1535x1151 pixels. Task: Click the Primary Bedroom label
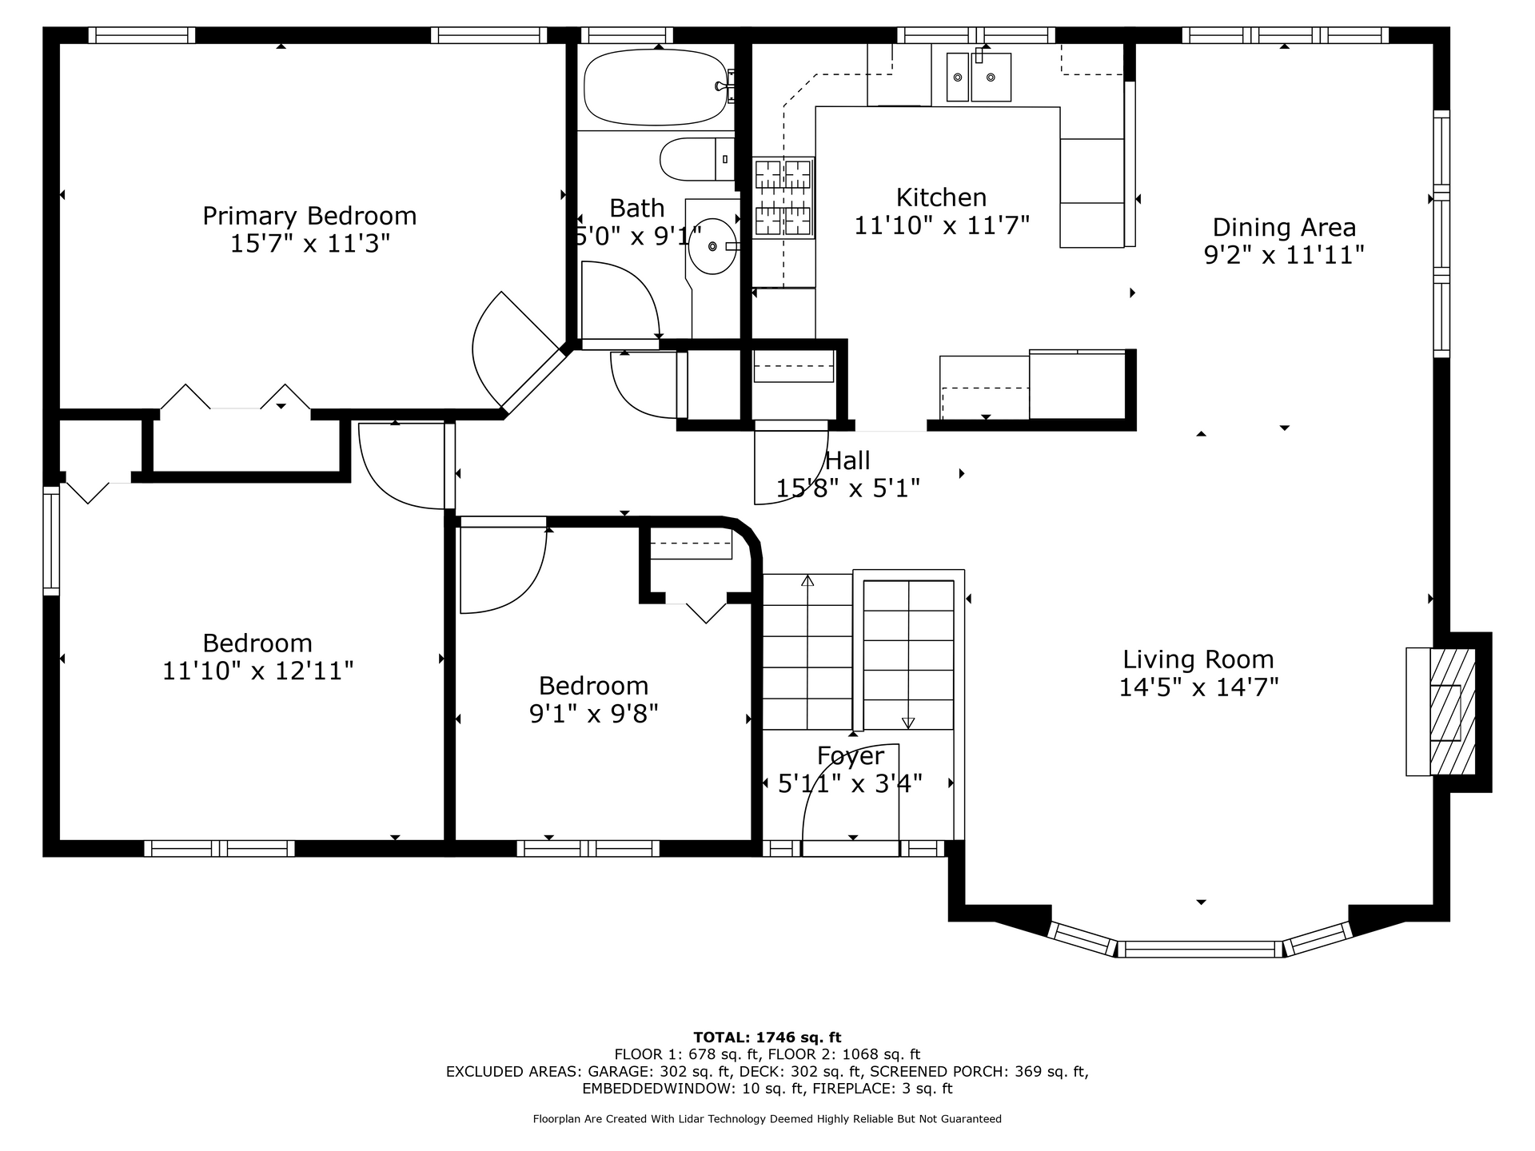point(309,216)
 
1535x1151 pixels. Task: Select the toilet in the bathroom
point(696,159)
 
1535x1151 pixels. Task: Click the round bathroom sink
point(712,245)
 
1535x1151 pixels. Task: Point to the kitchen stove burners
point(783,197)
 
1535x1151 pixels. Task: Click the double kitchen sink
point(979,77)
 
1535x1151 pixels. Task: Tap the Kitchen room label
point(941,197)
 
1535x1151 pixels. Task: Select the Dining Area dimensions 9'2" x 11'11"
point(1284,255)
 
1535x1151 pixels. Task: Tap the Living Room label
point(1198,659)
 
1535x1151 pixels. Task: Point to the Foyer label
point(851,756)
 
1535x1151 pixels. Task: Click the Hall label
point(847,460)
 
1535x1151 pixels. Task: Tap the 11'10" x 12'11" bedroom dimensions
point(257,671)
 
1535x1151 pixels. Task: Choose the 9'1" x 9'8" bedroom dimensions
point(594,713)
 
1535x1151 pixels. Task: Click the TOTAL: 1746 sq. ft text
point(767,1037)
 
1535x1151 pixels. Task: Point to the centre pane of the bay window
point(1199,950)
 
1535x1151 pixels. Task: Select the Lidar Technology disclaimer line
point(767,1119)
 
